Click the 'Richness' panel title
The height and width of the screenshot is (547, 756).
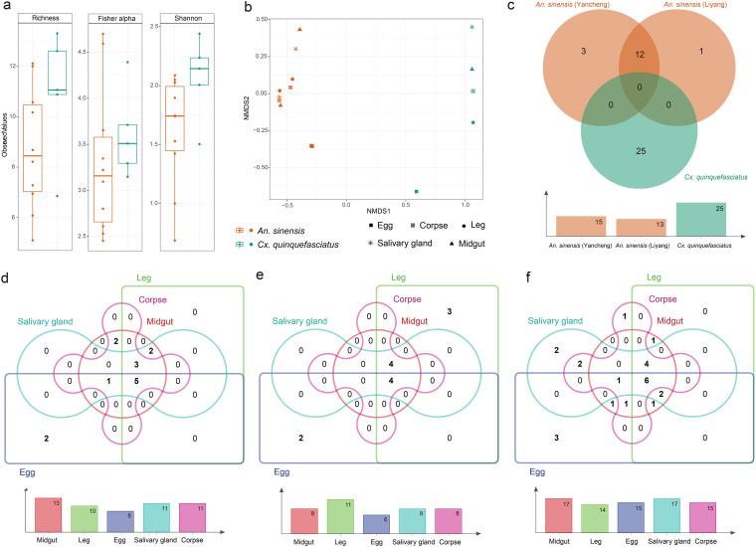[x=43, y=19]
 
